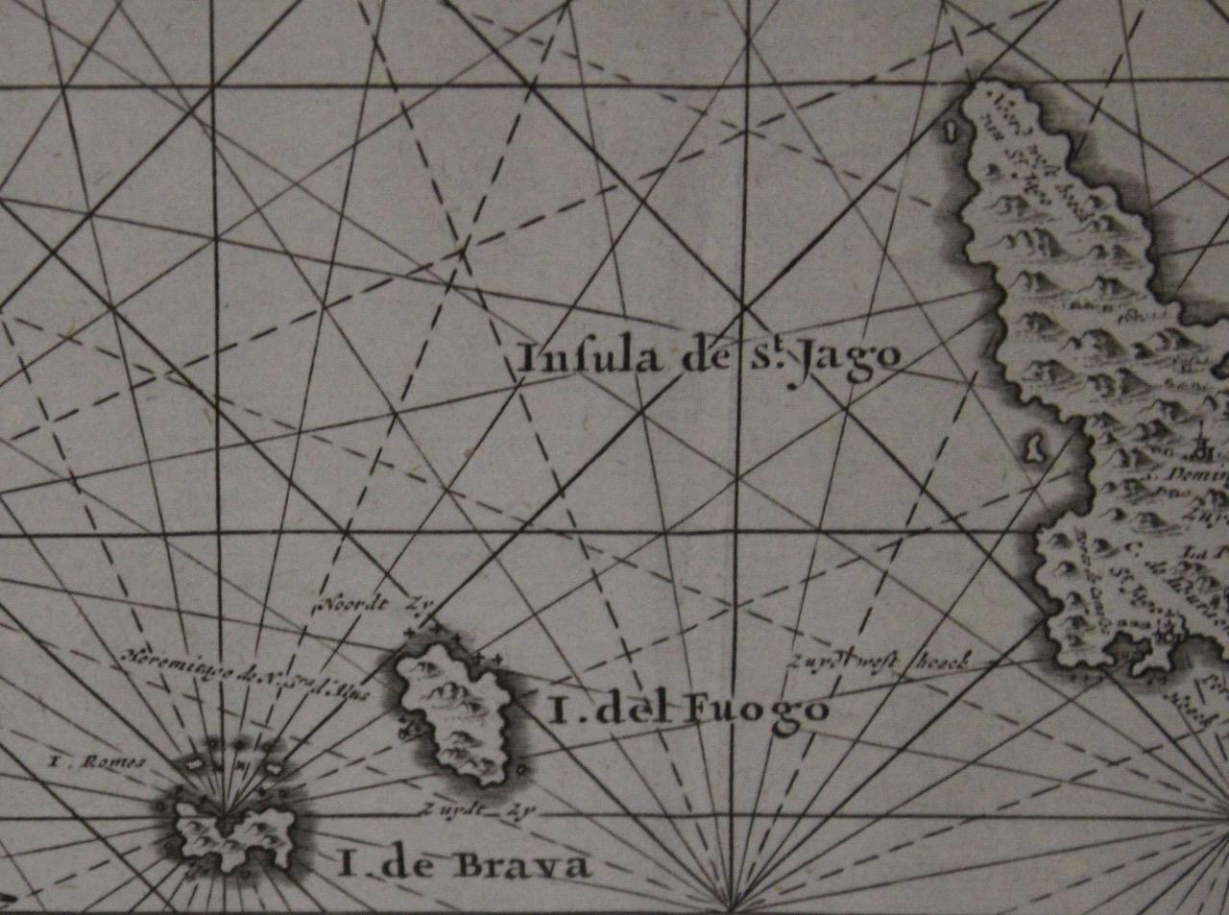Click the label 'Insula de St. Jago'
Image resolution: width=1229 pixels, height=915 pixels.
pyautogui.click(x=709, y=357)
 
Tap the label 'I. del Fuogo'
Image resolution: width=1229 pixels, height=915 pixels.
pyautogui.click(x=687, y=710)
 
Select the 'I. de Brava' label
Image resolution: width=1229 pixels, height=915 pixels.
pyautogui.click(x=463, y=866)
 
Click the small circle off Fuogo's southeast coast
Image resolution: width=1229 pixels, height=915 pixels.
pyautogui.click(x=519, y=769)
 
